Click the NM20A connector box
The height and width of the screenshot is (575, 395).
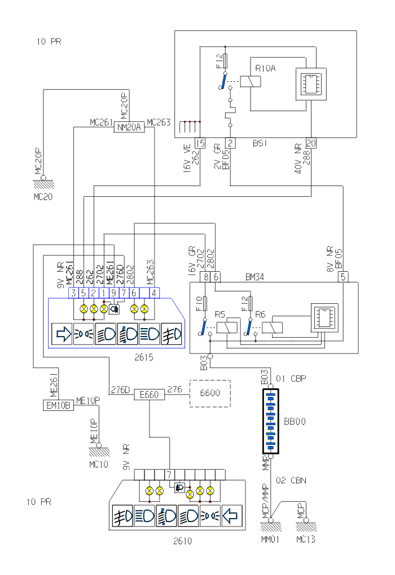coord(130,128)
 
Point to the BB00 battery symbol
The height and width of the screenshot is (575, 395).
coord(271,420)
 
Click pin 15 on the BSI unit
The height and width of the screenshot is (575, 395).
coord(199,143)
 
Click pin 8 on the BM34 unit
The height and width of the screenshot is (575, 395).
coord(207,277)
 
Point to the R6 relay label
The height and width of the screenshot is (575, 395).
coord(260,314)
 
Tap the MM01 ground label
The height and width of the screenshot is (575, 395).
coord(269,540)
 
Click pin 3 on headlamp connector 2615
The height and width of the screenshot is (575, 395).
coord(73,293)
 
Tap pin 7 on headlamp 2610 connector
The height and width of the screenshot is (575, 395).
coord(169,474)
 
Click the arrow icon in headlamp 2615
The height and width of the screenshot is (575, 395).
coord(62,334)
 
